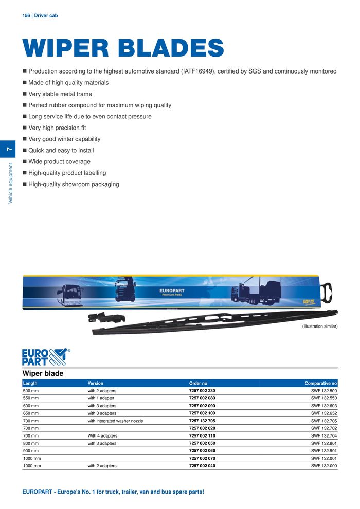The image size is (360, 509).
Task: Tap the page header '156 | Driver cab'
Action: point(40,16)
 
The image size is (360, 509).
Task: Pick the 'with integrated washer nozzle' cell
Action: point(115,421)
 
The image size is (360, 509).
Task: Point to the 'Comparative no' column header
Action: point(320,383)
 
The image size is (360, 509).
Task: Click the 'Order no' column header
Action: point(198,383)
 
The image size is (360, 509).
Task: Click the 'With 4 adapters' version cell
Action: point(102,435)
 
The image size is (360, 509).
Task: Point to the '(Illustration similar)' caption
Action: point(319,326)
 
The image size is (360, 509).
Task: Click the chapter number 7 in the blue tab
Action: point(9,149)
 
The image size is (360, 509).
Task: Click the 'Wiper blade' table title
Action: point(43,373)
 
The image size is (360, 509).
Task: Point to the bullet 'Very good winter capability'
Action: point(64,139)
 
